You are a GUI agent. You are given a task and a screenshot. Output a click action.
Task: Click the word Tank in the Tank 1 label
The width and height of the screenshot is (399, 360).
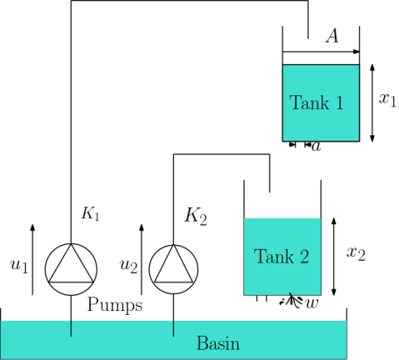(305, 103)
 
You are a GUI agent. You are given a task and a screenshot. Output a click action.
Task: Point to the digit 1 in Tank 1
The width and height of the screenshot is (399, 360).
(339, 103)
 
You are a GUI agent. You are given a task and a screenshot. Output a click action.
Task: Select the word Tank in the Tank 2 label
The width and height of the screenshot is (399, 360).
(270, 257)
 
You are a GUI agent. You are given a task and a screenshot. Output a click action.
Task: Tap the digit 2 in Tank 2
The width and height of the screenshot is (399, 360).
(304, 257)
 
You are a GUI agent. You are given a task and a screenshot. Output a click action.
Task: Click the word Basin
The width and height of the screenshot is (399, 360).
(217, 343)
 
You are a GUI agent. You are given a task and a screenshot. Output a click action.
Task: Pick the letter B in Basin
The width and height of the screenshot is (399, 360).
(201, 343)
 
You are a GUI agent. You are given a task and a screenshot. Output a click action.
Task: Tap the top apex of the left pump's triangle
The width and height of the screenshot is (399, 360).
(71, 245)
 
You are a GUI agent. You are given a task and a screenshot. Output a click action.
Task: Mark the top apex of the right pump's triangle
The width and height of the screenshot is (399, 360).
(173, 246)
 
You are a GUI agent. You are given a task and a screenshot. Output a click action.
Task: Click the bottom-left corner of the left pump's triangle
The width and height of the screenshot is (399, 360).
(50, 282)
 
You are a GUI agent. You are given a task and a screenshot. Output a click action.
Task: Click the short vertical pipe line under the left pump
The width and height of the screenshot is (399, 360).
(71, 327)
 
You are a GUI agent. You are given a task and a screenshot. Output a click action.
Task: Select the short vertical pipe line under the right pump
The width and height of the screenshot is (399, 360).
(173, 327)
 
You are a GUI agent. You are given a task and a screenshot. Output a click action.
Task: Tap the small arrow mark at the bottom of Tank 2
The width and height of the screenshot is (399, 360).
(290, 293)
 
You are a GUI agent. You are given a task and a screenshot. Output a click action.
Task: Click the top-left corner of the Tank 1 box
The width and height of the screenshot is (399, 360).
(283, 65)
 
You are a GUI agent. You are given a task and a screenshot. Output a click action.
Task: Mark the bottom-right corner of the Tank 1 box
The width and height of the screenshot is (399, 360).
(358, 140)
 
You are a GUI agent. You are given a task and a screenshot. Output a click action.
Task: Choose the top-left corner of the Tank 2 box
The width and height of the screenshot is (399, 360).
(244, 218)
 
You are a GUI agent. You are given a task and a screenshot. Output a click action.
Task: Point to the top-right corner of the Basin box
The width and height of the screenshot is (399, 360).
(346, 321)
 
